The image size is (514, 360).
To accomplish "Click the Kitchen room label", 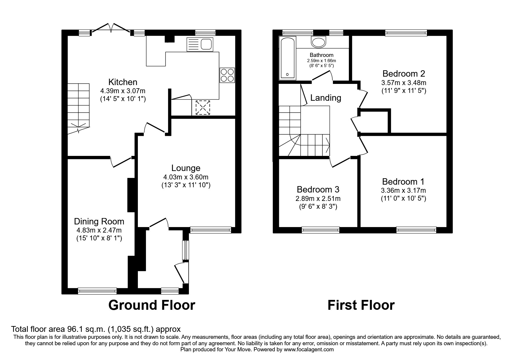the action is [123, 82].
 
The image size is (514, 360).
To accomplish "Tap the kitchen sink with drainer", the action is [200, 44].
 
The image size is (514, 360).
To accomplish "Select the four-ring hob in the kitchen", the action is [227, 75].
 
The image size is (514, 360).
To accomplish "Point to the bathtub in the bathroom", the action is [287, 58].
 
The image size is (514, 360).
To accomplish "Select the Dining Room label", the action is [99, 222].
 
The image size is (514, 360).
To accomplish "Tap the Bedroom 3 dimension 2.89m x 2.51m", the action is [318, 199].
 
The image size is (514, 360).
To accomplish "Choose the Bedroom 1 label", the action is [403, 182].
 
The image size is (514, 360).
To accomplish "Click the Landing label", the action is [326, 98].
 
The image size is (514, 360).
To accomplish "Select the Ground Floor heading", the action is [152, 305].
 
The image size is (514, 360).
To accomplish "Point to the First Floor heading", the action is [361, 305].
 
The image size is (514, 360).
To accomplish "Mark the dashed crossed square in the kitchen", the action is [203, 107].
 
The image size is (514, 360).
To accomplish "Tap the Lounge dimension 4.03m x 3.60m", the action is [186, 177].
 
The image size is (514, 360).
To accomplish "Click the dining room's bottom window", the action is [97, 291].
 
